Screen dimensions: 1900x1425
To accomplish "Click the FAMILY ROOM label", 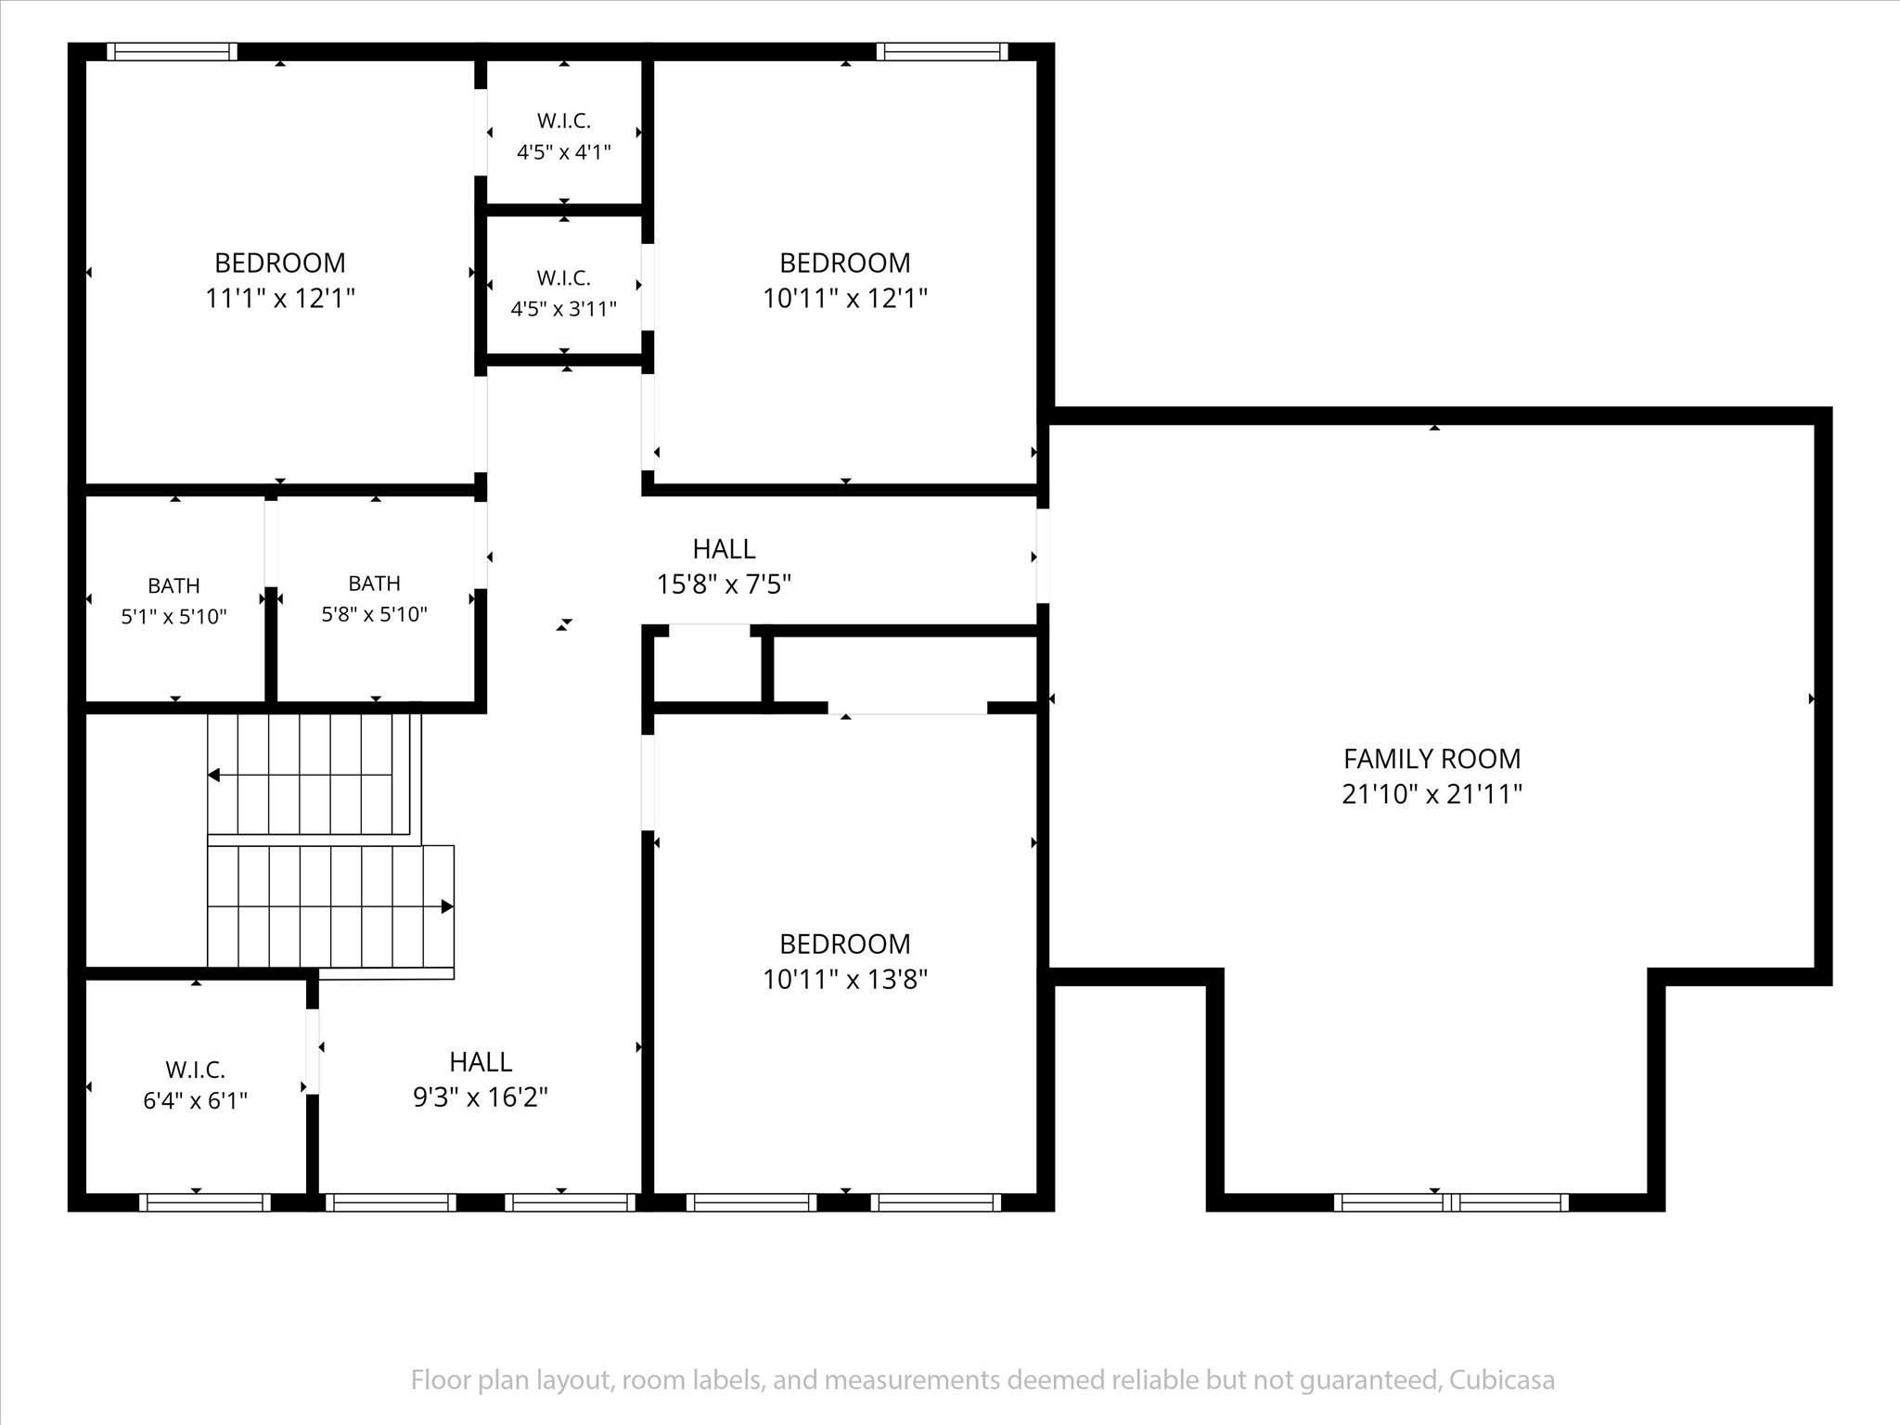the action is (x=1431, y=759).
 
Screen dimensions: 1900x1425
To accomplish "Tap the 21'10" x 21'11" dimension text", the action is (x=1431, y=794).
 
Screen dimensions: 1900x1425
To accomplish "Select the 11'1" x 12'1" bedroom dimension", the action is (x=280, y=298).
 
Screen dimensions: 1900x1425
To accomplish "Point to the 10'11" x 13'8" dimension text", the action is (x=845, y=979).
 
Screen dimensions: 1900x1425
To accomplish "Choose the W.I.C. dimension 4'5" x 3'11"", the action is (x=563, y=309).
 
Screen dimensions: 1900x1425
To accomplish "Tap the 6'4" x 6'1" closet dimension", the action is (x=195, y=1101).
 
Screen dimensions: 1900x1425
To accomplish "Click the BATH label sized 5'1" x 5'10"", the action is (x=173, y=585).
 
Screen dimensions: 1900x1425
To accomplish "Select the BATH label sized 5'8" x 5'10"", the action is (x=374, y=583).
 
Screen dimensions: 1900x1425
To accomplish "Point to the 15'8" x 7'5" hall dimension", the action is (x=724, y=584).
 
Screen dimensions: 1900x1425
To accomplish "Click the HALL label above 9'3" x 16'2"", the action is (x=481, y=1061).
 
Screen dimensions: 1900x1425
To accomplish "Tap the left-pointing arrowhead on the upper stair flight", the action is (x=213, y=775).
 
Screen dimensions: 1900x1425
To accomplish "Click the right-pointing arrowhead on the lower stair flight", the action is (x=447, y=906).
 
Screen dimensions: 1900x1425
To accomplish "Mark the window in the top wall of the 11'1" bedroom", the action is (x=172, y=52).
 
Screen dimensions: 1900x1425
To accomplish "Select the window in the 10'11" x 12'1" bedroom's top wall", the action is (x=942, y=52).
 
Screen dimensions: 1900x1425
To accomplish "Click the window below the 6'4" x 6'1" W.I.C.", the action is (x=204, y=1202).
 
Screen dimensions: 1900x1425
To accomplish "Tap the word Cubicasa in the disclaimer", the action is (x=1502, y=1380).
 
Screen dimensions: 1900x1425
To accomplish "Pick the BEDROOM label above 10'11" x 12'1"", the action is (x=845, y=263).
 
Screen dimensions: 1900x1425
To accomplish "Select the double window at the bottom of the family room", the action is (x=1452, y=1202).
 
